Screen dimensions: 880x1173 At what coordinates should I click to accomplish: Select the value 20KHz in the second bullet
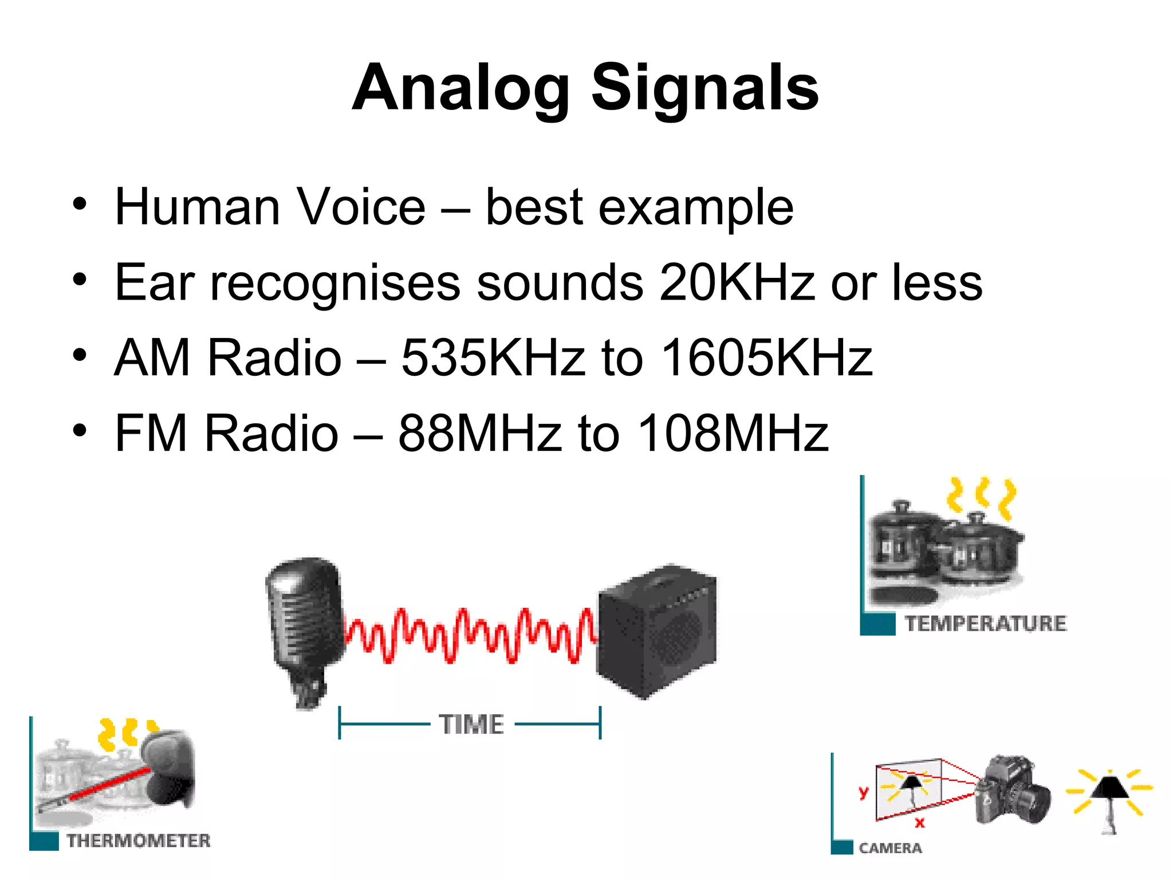(737, 282)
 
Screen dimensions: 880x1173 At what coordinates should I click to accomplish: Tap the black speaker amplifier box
(656, 630)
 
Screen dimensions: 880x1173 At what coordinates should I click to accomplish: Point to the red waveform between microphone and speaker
(470, 636)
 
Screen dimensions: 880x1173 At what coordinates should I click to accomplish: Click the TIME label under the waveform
(471, 725)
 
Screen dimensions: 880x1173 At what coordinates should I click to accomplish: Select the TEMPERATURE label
(985, 623)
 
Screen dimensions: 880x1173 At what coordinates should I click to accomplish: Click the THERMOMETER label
(139, 841)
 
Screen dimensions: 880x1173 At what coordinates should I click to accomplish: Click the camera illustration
(1013, 791)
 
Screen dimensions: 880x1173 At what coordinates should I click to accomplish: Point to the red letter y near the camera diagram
(863, 792)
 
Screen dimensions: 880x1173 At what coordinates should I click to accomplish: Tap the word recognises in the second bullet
(335, 282)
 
